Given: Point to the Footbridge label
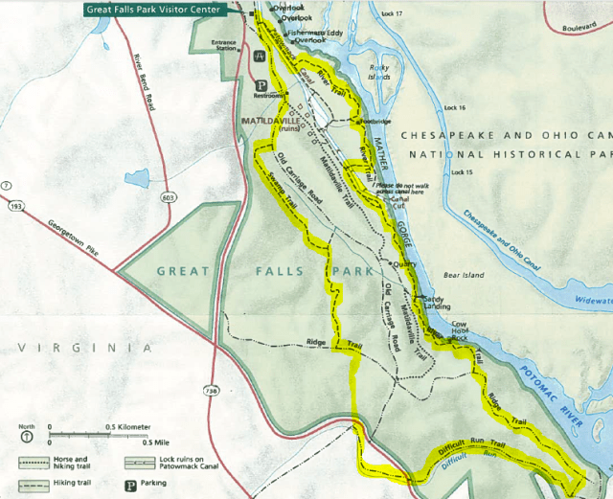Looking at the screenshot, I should tap(374, 123).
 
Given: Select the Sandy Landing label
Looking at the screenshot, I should tap(435, 303).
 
